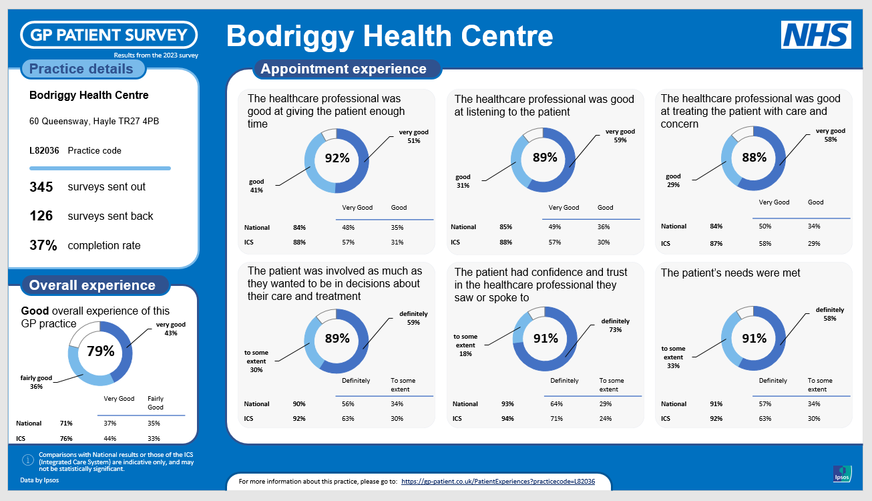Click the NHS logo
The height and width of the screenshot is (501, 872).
[x=816, y=35]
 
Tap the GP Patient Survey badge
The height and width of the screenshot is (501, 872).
[x=109, y=35]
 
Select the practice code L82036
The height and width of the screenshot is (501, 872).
[x=44, y=150]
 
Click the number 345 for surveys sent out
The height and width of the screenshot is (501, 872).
[x=41, y=187]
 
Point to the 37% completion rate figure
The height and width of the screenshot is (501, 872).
[x=43, y=245]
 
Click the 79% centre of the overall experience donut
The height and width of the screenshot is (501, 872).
[x=101, y=351]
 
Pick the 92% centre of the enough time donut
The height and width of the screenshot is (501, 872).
[x=337, y=158]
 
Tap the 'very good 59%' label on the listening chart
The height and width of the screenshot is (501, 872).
[x=620, y=136]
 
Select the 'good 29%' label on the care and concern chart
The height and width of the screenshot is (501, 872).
[x=673, y=180]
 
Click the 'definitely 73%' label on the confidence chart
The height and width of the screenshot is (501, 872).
[x=615, y=325]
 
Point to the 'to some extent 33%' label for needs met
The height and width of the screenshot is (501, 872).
[x=674, y=357]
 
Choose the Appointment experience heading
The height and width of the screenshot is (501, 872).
[x=343, y=69]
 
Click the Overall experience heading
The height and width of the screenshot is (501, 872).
[x=92, y=285]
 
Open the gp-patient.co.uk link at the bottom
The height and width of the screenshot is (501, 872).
[x=498, y=481]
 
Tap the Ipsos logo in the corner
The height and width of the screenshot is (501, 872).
[x=841, y=473]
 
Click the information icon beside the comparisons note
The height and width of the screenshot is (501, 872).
[x=28, y=460]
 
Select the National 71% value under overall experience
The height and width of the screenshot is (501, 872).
[x=65, y=423]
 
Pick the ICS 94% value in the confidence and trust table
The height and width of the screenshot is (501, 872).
[x=508, y=419]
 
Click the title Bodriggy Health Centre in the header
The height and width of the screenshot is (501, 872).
[x=390, y=35]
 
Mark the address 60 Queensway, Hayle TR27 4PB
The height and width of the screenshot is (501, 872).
[x=94, y=122]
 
